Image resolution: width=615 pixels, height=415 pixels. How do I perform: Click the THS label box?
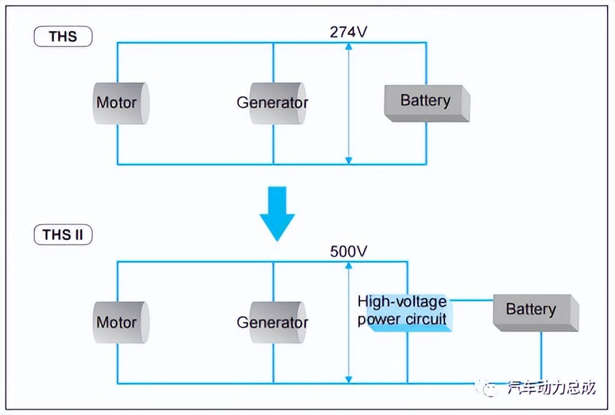click(63, 36)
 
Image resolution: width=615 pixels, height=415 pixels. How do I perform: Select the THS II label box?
click(63, 234)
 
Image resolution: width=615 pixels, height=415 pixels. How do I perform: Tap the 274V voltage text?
click(348, 32)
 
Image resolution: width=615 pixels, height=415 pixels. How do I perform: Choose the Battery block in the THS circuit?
click(426, 102)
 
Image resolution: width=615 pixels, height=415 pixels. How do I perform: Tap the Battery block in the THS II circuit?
click(535, 312)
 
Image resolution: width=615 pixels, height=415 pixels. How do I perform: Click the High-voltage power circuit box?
click(403, 311)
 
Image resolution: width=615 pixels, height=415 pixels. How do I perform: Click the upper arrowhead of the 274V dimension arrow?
click(348, 46)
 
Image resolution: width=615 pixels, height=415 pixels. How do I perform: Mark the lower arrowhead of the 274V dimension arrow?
click(348, 160)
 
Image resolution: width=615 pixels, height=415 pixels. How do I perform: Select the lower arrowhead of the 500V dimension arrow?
click(348, 380)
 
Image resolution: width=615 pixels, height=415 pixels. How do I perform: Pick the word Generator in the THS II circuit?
click(272, 323)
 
